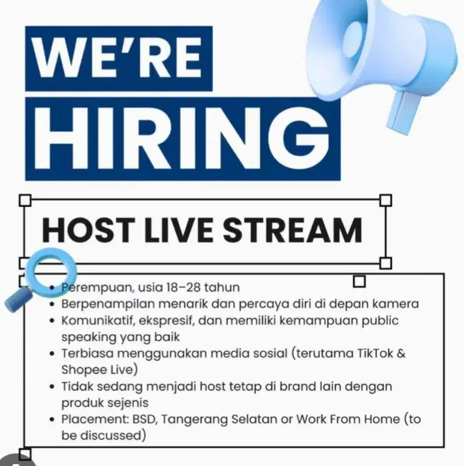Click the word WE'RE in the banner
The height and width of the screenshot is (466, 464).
(118, 58)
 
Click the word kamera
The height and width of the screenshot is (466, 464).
(396, 304)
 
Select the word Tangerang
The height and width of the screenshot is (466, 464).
(201, 419)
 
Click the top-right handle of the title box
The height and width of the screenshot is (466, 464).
(386, 200)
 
